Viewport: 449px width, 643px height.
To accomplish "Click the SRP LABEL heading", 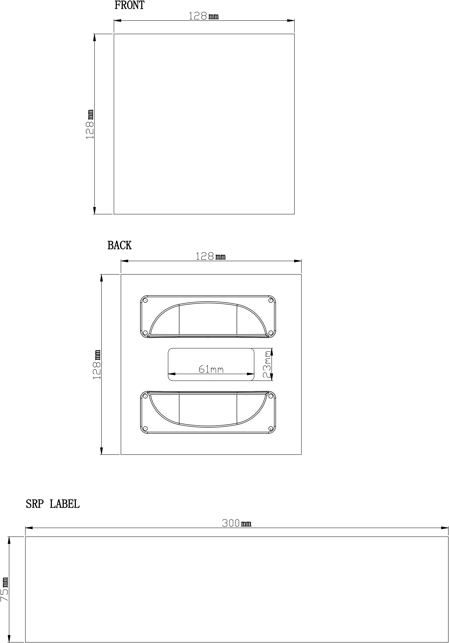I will [53, 504].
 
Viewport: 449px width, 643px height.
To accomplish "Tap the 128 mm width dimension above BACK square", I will [210, 256].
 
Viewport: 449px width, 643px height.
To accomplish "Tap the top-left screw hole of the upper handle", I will [145, 300].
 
